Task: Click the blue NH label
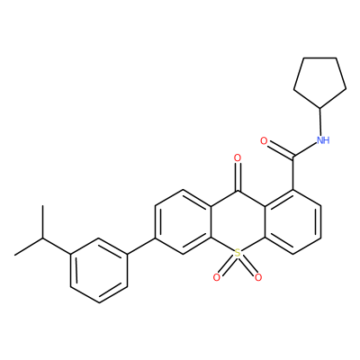coord(323,140)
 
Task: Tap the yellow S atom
coord(238,253)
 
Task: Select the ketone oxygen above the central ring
coord(238,157)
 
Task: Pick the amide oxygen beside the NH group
coord(264,140)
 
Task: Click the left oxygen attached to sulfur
coord(217,277)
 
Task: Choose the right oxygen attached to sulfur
coord(258,277)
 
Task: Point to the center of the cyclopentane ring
coord(319,80)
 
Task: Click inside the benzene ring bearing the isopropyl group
coord(100,270)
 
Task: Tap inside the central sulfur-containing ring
coord(238,222)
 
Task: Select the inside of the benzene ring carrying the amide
coord(293,222)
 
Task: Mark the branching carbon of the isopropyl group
coord(43,238)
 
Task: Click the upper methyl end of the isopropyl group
coord(43,206)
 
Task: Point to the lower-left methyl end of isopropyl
coord(15,256)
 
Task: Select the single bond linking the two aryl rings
coord(141,247)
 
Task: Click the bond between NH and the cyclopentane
coord(320,121)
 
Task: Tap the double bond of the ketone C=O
coord(238,177)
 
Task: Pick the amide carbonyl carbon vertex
coord(293,157)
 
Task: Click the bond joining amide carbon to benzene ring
coord(293,174)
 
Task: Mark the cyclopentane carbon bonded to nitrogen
coord(320,108)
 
